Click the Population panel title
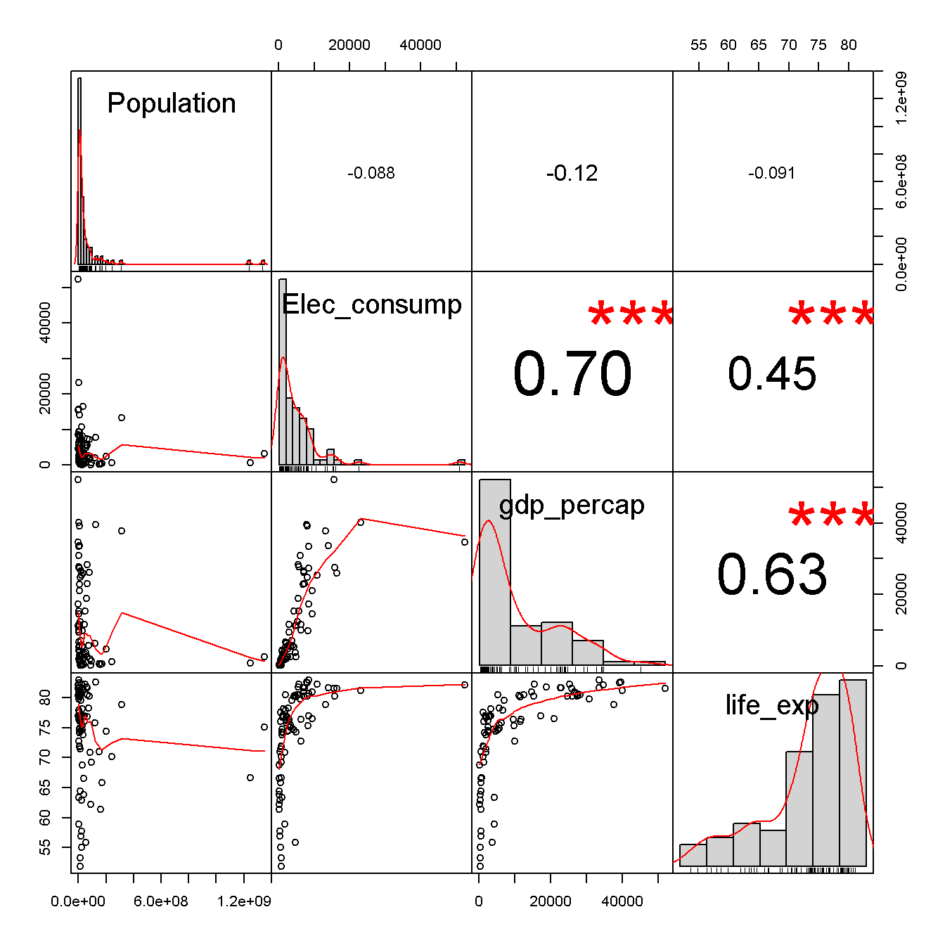point(171,103)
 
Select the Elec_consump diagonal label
point(371,304)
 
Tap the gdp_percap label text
point(572,505)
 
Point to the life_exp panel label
point(772,705)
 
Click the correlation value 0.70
point(572,374)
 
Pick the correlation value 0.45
point(772,373)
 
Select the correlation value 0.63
point(772,574)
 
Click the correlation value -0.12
point(572,173)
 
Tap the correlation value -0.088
point(371,173)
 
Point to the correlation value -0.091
point(771,173)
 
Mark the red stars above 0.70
point(631,316)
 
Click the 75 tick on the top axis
point(818,45)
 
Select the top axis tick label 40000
point(420,45)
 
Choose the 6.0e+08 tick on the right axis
point(901,181)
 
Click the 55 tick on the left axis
point(45,848)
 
